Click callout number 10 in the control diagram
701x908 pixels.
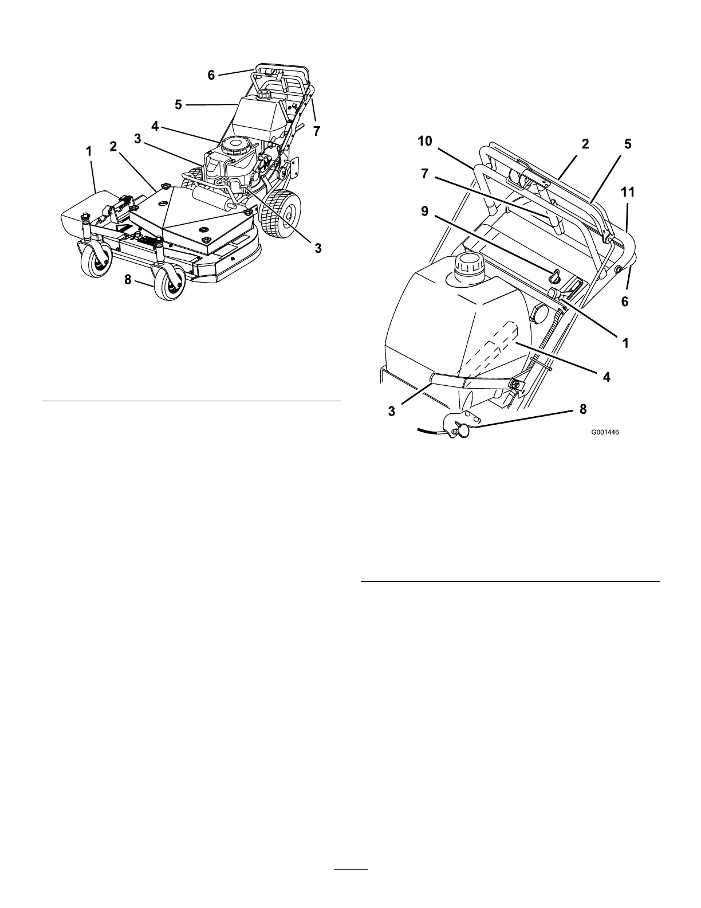point(425,142)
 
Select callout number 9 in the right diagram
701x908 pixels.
point(425,212)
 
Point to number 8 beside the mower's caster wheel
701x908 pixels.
point(128,280)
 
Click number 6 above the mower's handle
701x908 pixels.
point(211,75)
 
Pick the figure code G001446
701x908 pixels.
point(605,433)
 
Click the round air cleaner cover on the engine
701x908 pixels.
point(237,144)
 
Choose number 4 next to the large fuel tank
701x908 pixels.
point(607,377)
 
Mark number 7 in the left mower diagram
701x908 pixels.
point(317,131)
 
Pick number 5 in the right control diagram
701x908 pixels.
point(628,144)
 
